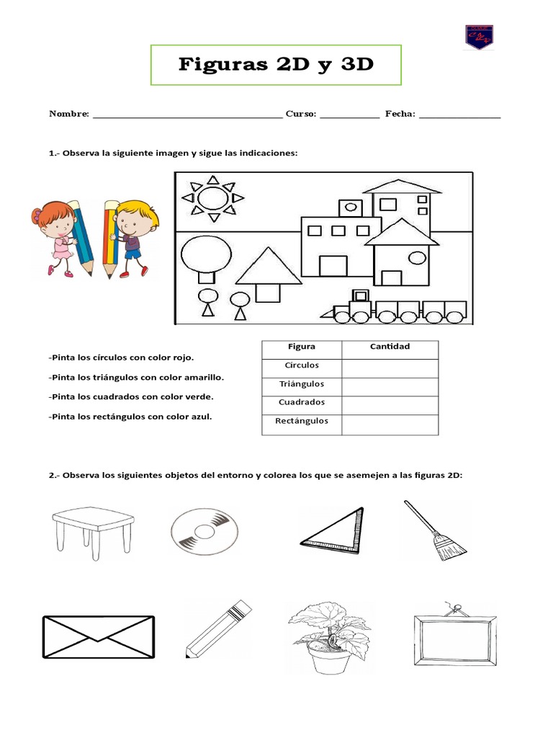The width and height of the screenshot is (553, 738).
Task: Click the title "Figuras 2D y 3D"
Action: point(276,65)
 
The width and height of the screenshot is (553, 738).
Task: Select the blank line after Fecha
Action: point(459,114)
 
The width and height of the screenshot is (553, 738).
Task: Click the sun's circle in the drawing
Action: point(212,197)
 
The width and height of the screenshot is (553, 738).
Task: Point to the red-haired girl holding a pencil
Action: point(61,238)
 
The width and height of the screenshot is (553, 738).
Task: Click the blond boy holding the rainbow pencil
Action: point(130,238)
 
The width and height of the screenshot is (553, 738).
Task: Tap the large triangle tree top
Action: point(268,266)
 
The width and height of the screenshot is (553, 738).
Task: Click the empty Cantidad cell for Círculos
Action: point(390,368)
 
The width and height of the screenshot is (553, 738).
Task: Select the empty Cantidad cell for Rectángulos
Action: point(390,424)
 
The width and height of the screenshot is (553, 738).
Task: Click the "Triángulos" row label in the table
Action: point(301,384)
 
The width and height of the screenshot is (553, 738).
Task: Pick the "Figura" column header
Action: point(301,347)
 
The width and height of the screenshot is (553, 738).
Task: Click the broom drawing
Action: point(436,531)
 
